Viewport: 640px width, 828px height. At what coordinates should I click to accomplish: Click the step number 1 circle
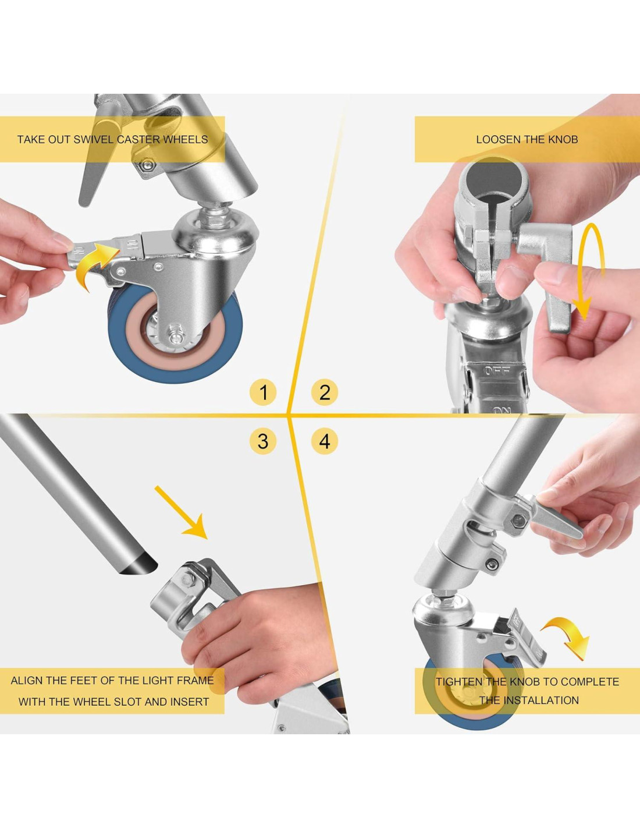click(x=263, y=392)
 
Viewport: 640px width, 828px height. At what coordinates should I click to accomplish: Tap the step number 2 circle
click(x=325, y=392)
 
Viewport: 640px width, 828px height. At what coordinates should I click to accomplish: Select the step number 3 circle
click(x=263, y=441)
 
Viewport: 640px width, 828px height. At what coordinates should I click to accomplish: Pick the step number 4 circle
click(x=325, y=441)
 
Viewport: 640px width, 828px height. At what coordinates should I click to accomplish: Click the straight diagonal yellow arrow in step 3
click(x=181, y=512)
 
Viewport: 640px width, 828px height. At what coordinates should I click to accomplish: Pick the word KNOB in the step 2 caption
click(x=563, y=140)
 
